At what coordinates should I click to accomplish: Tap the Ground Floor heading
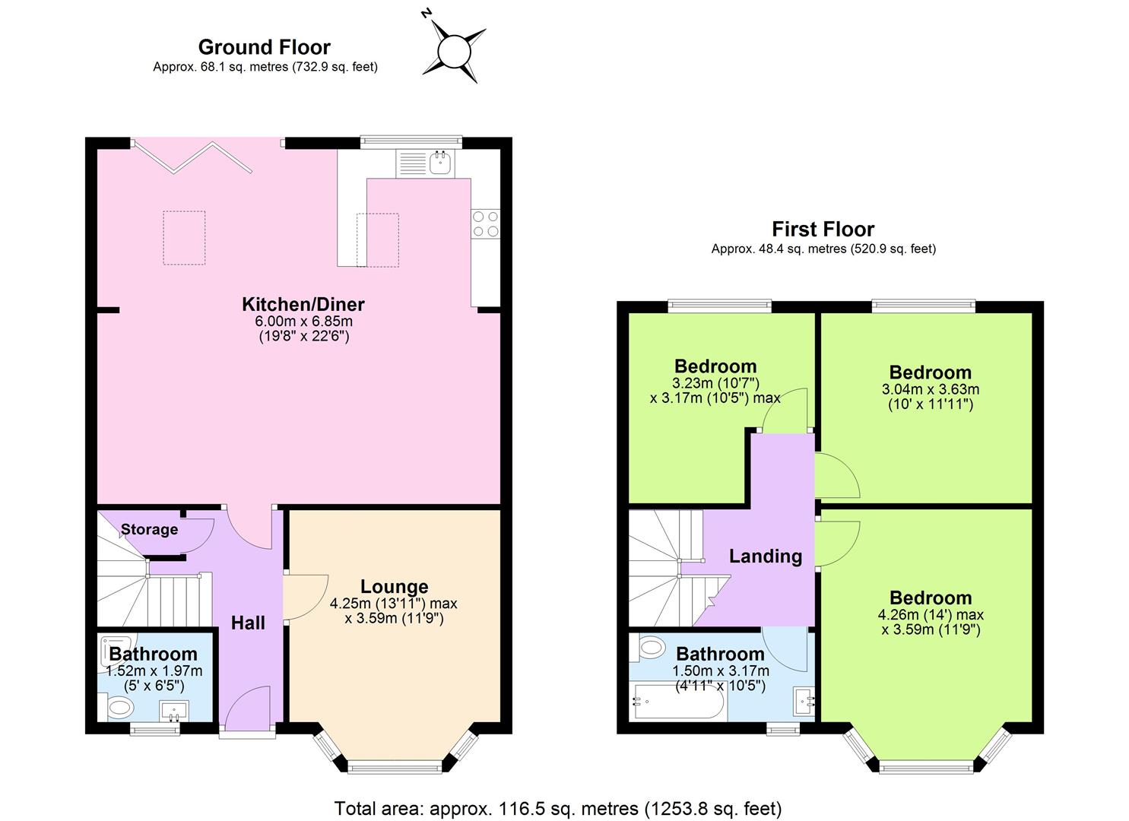coord(264,47)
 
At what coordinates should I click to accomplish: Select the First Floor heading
coord(823,229)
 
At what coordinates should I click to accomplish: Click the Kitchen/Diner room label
coord(303,304)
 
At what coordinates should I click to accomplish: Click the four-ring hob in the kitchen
coord(486,223)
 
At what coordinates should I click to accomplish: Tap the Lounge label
coord(394,586)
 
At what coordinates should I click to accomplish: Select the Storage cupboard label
coord(149,529)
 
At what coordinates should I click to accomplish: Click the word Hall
coord(248,623)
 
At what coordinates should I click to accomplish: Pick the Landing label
coord(765,556)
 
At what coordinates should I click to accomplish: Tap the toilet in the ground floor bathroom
coord(119,708)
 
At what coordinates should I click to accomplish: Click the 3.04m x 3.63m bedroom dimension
coord(931,389)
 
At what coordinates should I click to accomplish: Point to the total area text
coord(558,808)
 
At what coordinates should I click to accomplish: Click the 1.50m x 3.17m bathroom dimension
coord(720,671)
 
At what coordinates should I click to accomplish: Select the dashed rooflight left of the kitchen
coord(184,238)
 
